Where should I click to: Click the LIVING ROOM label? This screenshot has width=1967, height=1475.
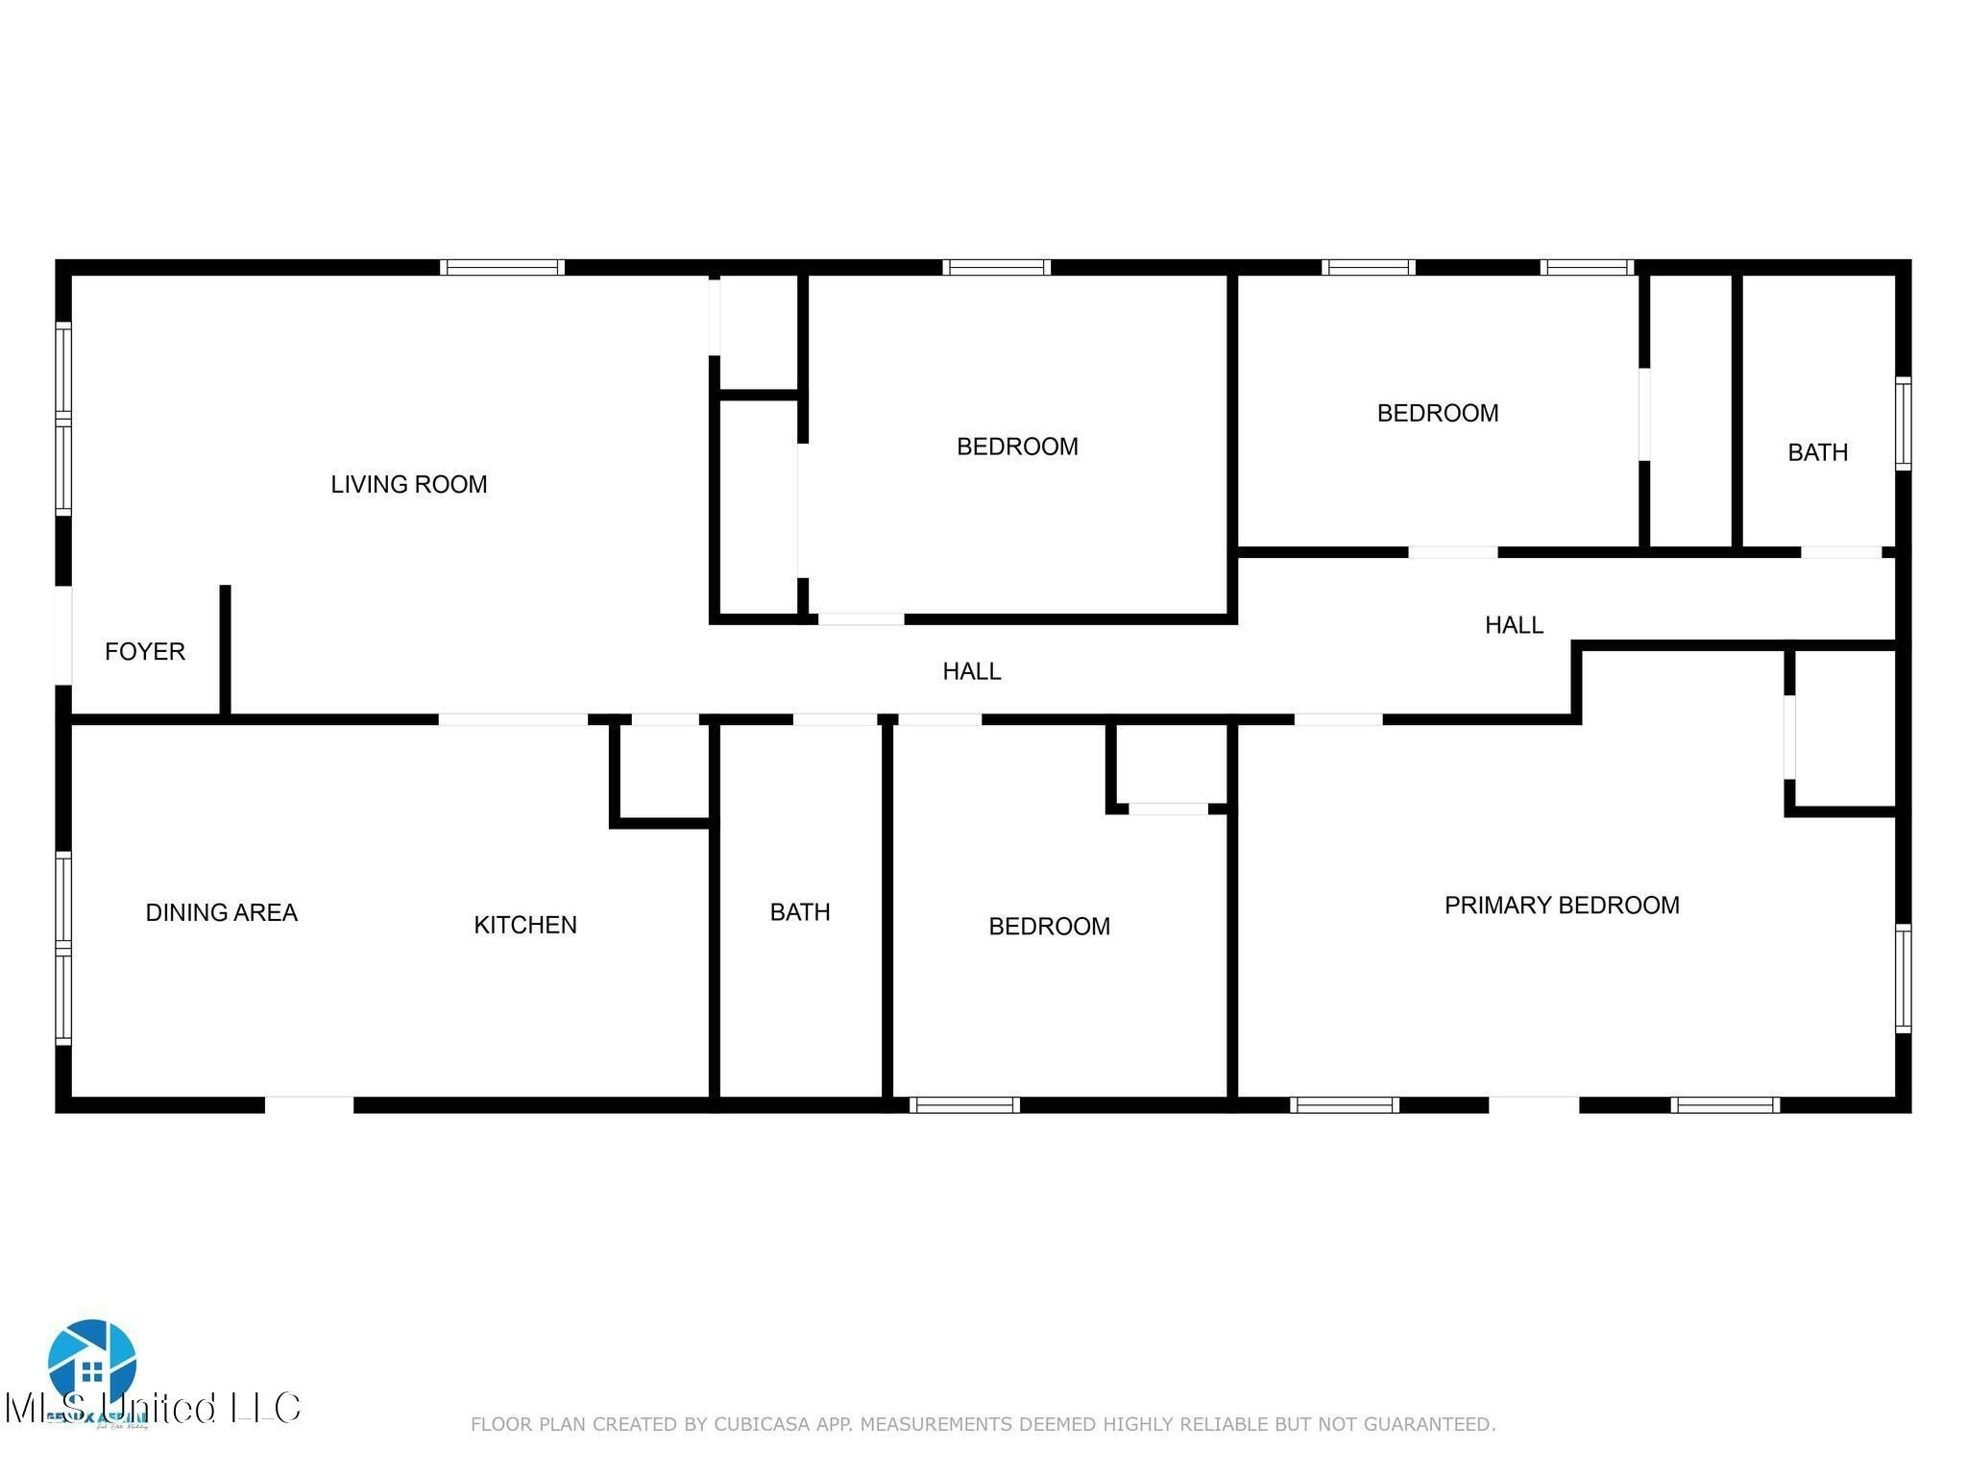coord(409,484)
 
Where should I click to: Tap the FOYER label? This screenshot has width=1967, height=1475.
coord(145,651)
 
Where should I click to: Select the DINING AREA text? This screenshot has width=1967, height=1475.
coord(221,912)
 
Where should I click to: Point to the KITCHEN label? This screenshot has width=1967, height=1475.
coord(525,925)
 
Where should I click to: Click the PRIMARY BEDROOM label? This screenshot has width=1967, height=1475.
coord(1562,905)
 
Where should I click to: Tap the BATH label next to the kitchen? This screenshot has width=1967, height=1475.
coord(800,911)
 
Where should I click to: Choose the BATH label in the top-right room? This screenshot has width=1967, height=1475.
coord(1817,451)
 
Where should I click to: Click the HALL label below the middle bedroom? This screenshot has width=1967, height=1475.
coord(971,671)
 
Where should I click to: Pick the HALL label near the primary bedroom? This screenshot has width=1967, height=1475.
coord(1514,625)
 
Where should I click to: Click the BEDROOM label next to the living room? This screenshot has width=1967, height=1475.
coord(1017,447)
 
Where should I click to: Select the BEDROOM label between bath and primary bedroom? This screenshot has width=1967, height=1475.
coord(1049,926)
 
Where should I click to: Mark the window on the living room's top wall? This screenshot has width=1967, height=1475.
coord(502,267)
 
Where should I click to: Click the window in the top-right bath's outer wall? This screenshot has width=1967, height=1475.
coord(1903,423)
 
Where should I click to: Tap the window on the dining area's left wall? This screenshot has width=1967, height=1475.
coord(63,948)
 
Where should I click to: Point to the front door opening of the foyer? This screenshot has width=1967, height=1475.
coord(63,635)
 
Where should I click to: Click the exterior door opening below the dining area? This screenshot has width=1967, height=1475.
coord(309,1104)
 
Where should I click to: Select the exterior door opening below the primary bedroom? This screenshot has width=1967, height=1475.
coord(1534,1104)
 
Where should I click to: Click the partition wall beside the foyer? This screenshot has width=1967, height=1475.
coord(226,650)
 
